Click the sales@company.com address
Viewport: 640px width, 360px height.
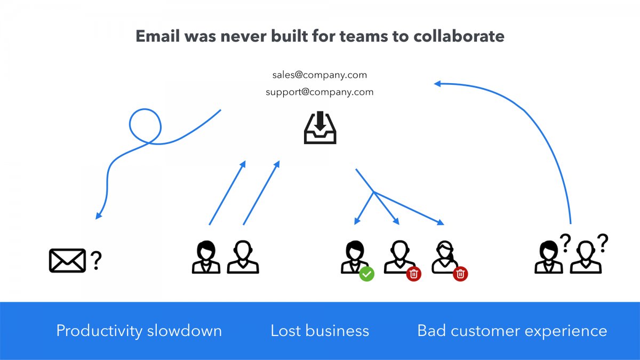pos(319,75)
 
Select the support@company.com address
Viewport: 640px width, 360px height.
pos(319,92)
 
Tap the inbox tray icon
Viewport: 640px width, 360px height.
pos(320,127)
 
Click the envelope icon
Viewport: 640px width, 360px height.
pos(67,260)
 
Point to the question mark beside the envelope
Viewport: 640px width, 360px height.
pos(97,261)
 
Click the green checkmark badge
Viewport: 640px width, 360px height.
pos(366,274)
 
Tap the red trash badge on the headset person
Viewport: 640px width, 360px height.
pos(460,274)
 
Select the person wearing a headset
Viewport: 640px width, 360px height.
pos(445,257)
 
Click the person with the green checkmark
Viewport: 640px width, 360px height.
pos(355,257)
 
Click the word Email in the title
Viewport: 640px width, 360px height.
pos(158,36)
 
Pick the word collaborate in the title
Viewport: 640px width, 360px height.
pos(459,36)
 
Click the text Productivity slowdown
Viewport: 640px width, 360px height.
pos(139,331)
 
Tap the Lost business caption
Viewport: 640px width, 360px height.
pos(319,331)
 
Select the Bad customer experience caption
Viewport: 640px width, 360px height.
pos(513,331)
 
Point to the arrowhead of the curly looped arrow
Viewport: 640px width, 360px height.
pos(98,215)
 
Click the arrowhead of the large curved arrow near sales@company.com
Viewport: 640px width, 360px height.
pos(437,84)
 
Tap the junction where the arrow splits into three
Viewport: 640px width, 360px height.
pos(374,191)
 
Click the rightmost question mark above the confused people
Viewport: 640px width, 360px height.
pos(603,243)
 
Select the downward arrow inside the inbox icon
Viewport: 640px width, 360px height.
pos(320,121)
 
